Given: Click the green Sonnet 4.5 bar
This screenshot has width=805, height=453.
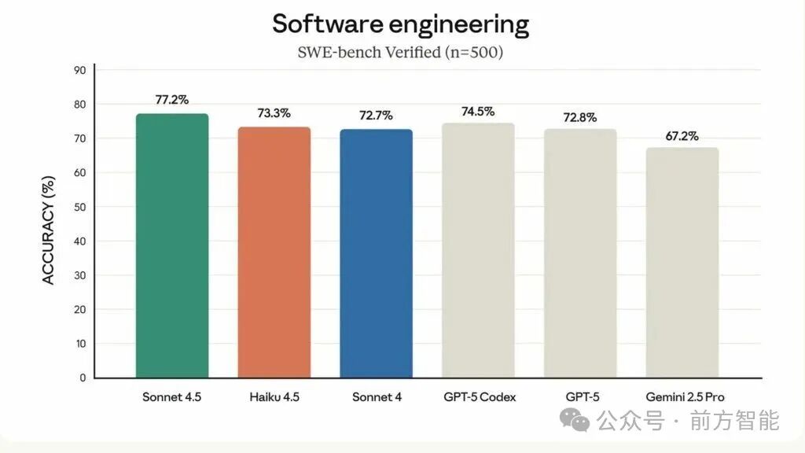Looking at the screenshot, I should tap(172, 245).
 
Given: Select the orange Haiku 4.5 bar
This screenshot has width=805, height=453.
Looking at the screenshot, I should tap(274, 252).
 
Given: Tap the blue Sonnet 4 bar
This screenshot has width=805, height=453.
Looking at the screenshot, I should tap(376, 253).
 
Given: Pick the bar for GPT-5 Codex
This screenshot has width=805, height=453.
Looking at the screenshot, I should tap(478, 250).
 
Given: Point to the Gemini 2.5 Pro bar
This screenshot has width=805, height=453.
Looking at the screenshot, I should tap(682, 263).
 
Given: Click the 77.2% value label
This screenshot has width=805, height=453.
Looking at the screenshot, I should tap(172, 100).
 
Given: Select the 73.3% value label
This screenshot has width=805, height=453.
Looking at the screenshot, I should tap(274, 113).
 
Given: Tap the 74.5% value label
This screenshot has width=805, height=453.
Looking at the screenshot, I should tap(478, 111).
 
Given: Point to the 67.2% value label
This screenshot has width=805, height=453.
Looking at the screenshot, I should tap(682, 135).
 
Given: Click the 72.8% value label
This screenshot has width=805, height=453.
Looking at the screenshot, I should tap(580, 117).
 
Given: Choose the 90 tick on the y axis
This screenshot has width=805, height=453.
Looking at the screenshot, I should tap(79, 70).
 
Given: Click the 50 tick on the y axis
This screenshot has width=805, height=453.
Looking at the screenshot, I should tap(79, 207).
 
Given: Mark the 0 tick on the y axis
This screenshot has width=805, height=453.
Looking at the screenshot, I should tap(83, 377).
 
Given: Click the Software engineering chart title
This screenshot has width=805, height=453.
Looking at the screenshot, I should tap(401, 24).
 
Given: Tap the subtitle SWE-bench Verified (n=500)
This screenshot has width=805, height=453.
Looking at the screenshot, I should tap(402, 53).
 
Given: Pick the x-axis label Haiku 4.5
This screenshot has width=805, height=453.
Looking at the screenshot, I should tap(274, 397).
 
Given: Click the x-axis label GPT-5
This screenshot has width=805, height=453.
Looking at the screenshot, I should tap(580, 397).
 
